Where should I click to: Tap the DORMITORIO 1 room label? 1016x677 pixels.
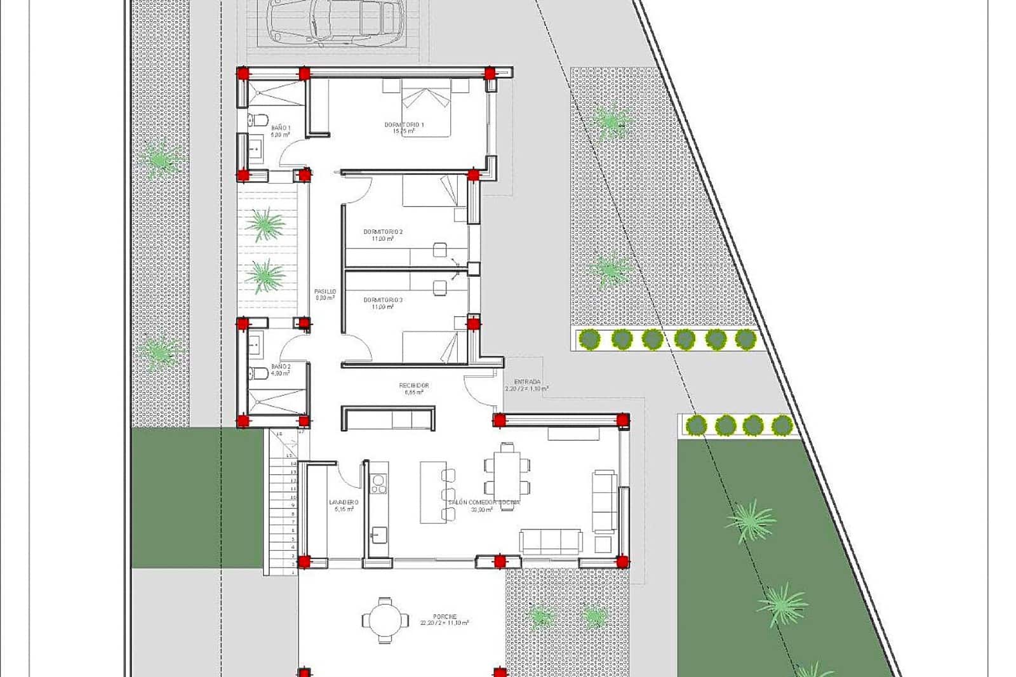404,125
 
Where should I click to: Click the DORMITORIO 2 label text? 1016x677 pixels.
383,232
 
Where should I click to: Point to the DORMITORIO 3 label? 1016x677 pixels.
383,300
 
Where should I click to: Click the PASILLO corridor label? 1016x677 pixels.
324,292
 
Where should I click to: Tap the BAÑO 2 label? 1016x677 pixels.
280,367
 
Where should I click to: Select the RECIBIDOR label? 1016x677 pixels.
414,386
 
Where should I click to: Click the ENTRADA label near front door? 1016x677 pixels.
527,382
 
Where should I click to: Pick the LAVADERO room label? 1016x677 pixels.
341,503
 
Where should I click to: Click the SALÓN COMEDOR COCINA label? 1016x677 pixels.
483,503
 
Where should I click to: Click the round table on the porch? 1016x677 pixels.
385,620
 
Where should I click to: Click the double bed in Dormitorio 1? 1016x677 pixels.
425,108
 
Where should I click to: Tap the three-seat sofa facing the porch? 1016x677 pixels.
550,541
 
